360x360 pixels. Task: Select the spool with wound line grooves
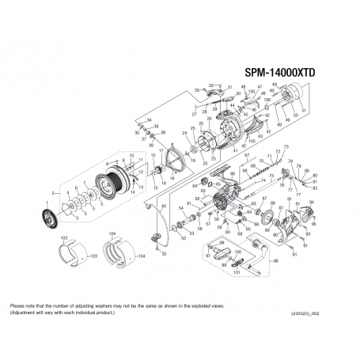(107, 184)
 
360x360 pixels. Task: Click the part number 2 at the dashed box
(52, 192)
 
